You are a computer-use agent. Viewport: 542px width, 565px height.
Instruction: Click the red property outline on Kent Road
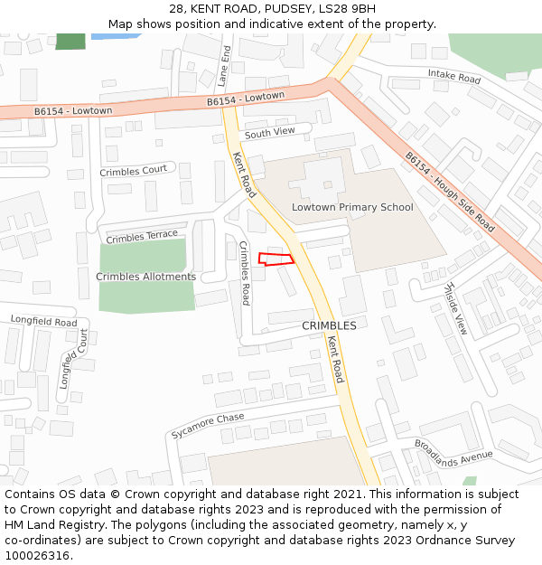click(x=276, y=259)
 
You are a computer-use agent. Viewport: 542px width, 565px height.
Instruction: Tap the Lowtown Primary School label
click(x=352, y=208)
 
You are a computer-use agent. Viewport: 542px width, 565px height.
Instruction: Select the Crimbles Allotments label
click(x=145, y=277)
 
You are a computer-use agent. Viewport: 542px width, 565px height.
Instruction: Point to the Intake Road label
click(x=454, y=78)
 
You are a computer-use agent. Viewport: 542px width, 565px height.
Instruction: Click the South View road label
click(x=269, y=132)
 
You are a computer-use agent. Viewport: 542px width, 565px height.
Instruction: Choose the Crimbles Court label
click(x=133, y=170)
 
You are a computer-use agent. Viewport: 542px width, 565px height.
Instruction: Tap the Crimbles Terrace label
click(x=142, y=237)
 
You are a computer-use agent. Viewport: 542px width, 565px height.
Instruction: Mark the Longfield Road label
click(x=43, y=321)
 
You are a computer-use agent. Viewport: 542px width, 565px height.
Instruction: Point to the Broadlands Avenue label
click(x=453, y=450)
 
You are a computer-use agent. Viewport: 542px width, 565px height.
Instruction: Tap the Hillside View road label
click(x=454, y=307)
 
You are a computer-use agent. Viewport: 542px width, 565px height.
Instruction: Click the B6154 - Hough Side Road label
click(x=449, y=192)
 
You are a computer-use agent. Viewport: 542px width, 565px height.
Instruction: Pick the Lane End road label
click(x=225, y=65)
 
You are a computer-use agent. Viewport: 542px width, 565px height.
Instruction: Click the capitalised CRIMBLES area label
click(x=329, y=325)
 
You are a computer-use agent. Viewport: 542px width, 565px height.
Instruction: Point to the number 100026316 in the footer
click(x=37, y=556)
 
